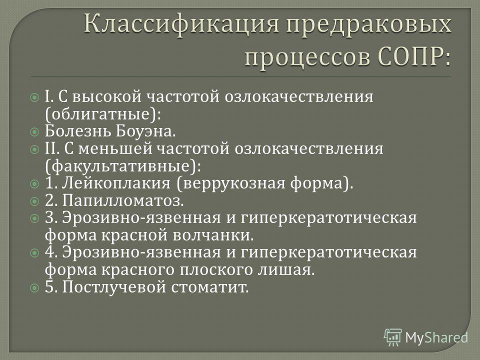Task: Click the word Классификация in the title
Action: point(181,25)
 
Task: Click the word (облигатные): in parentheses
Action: point(103,114)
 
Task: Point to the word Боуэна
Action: point(145,131)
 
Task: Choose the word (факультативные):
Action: point(123,166)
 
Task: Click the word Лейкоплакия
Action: point(116,183)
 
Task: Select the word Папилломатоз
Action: point(123,201)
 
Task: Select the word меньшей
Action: point(115,149)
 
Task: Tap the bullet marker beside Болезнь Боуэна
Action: point(35,132)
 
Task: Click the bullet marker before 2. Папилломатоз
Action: point(35,201)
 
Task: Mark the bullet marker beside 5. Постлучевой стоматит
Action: point(35,288)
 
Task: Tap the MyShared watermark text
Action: point(436,337)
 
